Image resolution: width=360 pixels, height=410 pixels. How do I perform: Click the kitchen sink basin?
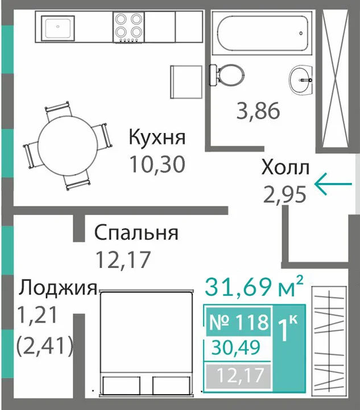pyautogui.click(x=58, y=28)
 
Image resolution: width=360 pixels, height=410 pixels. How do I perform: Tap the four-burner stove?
pyautogui.click(x=129, y=27)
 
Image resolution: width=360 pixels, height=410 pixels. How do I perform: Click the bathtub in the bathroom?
pyautogui.click(x=262, y=33)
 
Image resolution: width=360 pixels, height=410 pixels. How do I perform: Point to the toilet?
pyautogui.click(x=227, y=74)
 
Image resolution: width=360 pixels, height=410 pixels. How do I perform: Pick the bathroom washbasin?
pyautogui.click(x=301, y=80)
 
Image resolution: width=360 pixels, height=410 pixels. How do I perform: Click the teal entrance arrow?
pyautogui.click(x=333, y=184)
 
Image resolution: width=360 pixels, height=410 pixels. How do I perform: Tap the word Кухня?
pyautogui.click(x=157, y=138)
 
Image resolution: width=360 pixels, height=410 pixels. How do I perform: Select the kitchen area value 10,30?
pyautogui.click(x=158, y=164)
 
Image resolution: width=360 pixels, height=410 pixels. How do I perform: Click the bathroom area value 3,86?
pyautogui.click(x=258, y=111)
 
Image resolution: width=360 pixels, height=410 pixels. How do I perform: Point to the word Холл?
pyautogui.click(x=285, y=168)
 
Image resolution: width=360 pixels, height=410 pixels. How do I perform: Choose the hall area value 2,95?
pyautogui.click(x=285, y=194)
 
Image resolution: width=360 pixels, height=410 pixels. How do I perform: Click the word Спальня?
pyautogui.click(x=136, y=233)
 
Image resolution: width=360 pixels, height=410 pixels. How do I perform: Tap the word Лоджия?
pyautogui.click(x=58, y=288)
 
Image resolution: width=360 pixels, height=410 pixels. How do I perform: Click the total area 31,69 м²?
pyautogui.click(x=254, y=287)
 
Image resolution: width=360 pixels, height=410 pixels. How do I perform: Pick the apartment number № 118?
pyautogui.click(x=239, y=322)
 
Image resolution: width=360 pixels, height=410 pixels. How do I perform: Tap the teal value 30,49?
pyautogui.click(x=236, y=348)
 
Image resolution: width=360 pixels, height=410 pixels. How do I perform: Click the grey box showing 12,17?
pyautogui.click(x=238, y=375)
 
